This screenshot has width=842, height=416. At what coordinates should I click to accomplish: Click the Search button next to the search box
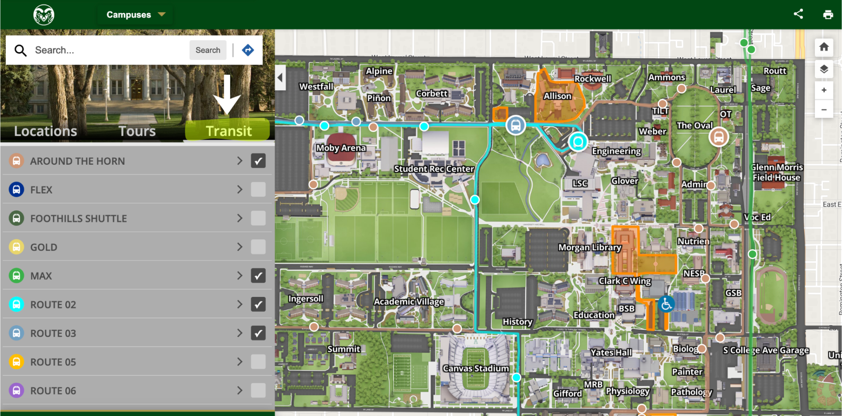pos(208,50)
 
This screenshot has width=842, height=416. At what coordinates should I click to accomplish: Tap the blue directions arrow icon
pos(248,50)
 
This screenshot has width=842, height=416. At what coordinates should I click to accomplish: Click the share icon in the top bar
pos(798,14)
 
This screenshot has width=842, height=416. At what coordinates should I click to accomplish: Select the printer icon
pos(828,14)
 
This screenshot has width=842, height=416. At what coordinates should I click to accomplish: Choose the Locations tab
pos(46,131)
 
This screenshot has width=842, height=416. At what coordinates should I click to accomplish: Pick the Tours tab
pos(137,131)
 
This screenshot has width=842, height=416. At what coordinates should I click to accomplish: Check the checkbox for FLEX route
pos(258,190)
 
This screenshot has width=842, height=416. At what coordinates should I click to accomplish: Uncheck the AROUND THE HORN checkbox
pos(258,161)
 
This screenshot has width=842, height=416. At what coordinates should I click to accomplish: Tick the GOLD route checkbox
pos(258,247)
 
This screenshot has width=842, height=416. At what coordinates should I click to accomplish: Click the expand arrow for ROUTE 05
pos(239,362)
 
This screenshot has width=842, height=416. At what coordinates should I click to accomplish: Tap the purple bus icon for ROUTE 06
pos(16,390)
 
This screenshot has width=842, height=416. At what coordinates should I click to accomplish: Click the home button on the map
pos(824,47)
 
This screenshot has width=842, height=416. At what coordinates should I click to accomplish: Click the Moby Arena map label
pos(341,148)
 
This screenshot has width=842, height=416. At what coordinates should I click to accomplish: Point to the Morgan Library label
pos(589,247)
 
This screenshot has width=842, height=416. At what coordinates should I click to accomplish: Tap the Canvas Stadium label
pos(475,368)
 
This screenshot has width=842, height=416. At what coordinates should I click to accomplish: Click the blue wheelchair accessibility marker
pos(666,304)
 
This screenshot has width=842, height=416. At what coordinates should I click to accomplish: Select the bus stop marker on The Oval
pos(718,137)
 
